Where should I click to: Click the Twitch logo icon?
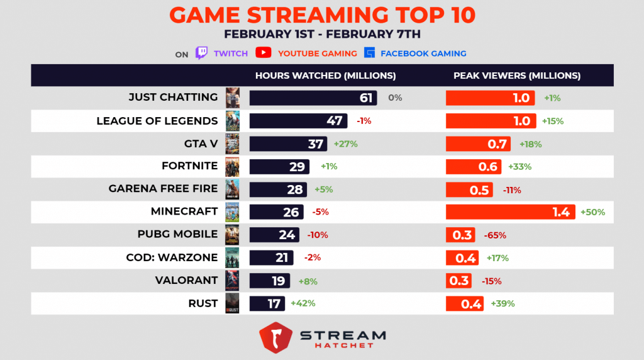[202, 53]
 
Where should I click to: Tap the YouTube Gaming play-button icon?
[264, 53]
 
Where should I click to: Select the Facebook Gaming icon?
[370, 53]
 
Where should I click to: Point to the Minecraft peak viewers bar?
[510, 212]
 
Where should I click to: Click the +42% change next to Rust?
[303, 303]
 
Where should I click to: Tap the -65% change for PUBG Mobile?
[495, 235]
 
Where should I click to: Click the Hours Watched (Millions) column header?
[325, 76]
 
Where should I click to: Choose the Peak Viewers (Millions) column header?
[517, 76]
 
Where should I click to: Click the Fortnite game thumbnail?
[232, 166]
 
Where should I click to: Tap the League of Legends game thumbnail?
[232, 120]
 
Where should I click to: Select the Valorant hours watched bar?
[270, 281]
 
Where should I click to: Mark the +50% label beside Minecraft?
[592, 212]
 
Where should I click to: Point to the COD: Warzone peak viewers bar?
[462, 258]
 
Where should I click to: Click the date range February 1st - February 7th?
[321, 33]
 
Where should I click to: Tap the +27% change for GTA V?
[345, 143]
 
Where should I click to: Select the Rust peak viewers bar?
[464, 303]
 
